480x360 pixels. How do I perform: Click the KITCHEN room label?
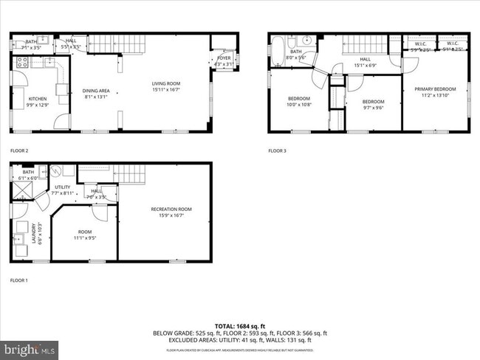pyautogui.click(x=37, y=97)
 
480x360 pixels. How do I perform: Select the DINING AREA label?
pyautogui.click(x=96, y=90)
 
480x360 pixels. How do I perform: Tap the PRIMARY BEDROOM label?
pyautogui.click(x=435, y=89)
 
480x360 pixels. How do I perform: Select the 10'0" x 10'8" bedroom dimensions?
pyautogui.click(x=299, y=105)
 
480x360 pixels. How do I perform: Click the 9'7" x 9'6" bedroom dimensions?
pyautogui.click(x=373, y=107)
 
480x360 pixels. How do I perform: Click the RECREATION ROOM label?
pyautogui.click(x=171, y=209)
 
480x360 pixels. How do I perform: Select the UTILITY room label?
pyautogui.click(x=63, y=187)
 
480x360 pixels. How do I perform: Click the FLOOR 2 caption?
pyautogui.click(x=19, y=150)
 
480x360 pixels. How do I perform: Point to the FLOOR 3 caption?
pyautogui.click(x=277, y=150)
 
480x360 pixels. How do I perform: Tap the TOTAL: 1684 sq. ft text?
pyautogui.click(x=240, y=325)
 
